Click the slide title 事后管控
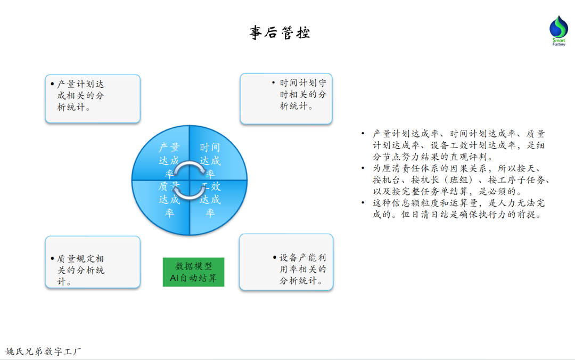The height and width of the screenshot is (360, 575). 280,32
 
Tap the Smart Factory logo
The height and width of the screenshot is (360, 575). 558,30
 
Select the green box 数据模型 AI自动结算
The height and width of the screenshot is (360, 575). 193,272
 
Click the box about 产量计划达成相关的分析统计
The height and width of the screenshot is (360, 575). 93,99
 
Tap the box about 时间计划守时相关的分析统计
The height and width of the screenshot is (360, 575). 286,99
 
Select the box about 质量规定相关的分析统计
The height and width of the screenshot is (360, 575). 93,262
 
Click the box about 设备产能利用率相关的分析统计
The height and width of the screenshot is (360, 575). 286,262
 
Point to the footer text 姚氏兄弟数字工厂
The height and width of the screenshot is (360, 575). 44,351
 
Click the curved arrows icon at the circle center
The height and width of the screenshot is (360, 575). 190,181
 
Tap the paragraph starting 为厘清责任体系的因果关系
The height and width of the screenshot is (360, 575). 461,180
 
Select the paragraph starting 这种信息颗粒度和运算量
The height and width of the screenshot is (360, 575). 458,209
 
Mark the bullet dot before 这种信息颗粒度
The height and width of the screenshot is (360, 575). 363,203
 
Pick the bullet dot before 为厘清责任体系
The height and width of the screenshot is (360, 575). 363,168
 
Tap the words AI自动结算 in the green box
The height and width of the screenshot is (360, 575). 193,278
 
